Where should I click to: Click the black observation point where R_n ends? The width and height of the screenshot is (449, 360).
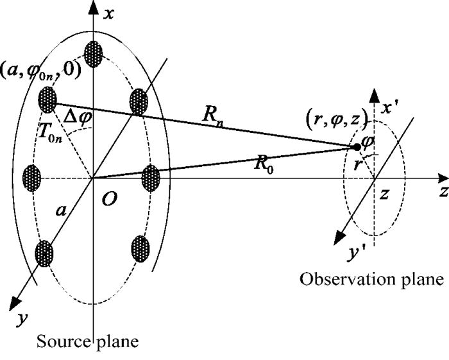(357, 147)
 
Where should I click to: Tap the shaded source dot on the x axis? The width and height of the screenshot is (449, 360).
(94, 51)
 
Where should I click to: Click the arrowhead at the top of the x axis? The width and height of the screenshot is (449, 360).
(94, 8)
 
